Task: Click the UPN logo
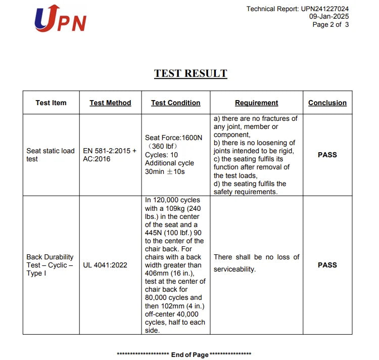tap(60, 19)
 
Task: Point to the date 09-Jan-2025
tap(329, 17)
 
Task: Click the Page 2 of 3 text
tap(330, 24)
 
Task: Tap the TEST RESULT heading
tap(191, 73)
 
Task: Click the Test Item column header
tap(51, 103)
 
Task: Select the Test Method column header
tap(110, 103)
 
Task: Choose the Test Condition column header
tap(175, 103)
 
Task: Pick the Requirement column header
tap(256, 103)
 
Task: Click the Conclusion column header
tap(327, 103)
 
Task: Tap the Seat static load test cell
tap(51, 155)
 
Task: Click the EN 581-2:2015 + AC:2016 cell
tap(110, 155)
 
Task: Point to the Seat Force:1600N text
tap(173, 138)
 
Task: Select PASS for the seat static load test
tap(327, 155)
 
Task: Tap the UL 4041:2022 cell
tap(105, 265)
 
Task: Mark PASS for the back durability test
tap(327, 265)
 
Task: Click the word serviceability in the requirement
tap(234, 269)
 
